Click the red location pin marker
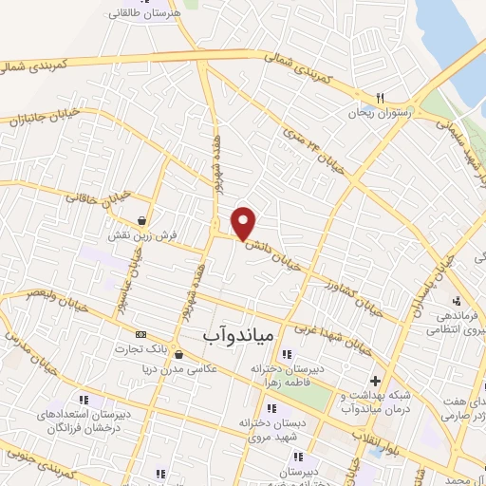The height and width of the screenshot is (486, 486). (245, 222)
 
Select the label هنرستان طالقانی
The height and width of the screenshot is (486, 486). (144, 14)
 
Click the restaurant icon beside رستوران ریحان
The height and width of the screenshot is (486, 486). (379, 97)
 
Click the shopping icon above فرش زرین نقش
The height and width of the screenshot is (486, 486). (141, 220)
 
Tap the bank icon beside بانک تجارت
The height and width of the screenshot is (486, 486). (141, 334)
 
